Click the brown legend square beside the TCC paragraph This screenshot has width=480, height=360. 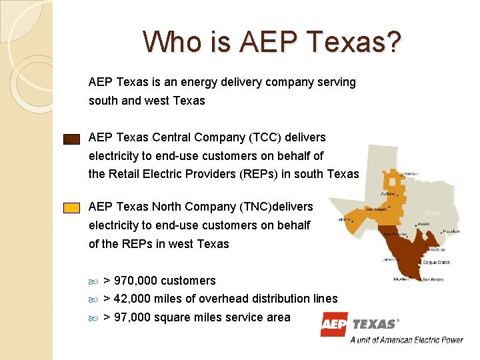(x=71, y=139)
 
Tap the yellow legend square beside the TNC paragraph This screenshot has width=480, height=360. (x=71, y=207)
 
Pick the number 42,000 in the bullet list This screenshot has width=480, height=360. (x=133, y=299)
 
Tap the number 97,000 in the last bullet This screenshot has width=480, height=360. (x=133, y=317)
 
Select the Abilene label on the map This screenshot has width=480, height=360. (x=389, y=194)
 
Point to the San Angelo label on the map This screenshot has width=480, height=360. (x=375, y=209)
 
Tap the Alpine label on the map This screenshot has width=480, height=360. (x=345, y=219)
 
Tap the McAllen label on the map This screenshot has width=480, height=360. (x=402, y=279)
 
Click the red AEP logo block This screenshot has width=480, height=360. (x=334, y=324)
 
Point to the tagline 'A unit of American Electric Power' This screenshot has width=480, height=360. (x=407, y=339)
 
